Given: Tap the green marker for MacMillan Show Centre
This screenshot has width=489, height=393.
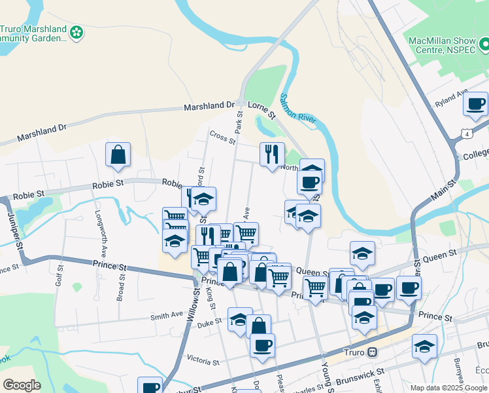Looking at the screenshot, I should click(484, 45).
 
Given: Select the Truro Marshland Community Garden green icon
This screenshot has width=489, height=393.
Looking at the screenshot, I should click(77, 31).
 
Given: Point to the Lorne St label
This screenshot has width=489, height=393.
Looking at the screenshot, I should click(262, 105).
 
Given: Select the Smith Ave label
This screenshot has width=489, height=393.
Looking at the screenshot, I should click(167, 315).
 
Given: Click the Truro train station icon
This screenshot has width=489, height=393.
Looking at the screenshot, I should click(372, 351).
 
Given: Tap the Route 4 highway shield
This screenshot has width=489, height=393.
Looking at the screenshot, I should click(465, 134).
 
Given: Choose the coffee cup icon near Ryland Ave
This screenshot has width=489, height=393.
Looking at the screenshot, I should click(476, 103).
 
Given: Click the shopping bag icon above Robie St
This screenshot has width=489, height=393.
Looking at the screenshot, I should click(118, 155).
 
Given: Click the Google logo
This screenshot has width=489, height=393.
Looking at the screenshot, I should click(22, 385).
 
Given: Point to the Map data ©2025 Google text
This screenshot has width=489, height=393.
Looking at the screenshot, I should click(448, 388).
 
